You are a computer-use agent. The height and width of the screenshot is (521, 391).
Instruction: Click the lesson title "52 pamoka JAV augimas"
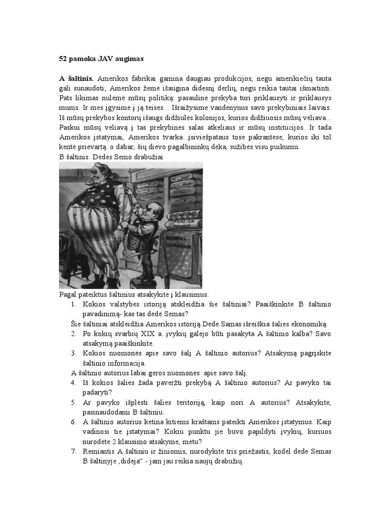point(101,59)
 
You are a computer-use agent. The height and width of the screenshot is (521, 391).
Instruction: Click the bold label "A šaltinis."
point(76,79)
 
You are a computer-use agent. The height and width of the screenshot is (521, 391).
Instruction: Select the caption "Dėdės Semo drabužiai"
point(129,157)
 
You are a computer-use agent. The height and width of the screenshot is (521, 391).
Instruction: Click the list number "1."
point(74,304)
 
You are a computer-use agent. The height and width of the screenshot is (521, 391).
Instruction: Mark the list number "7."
point(74,452)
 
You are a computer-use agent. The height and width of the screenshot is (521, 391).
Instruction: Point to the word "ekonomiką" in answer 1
point(309,324)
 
